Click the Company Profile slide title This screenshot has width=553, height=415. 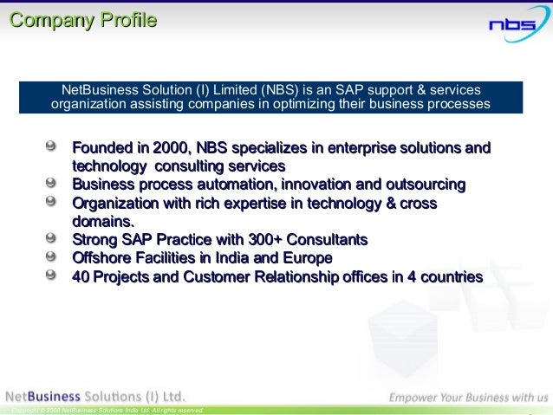point(83,19)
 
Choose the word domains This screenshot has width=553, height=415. point(102,221)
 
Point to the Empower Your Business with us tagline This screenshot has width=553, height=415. point(467,397)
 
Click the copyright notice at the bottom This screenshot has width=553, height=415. point(103,410)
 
